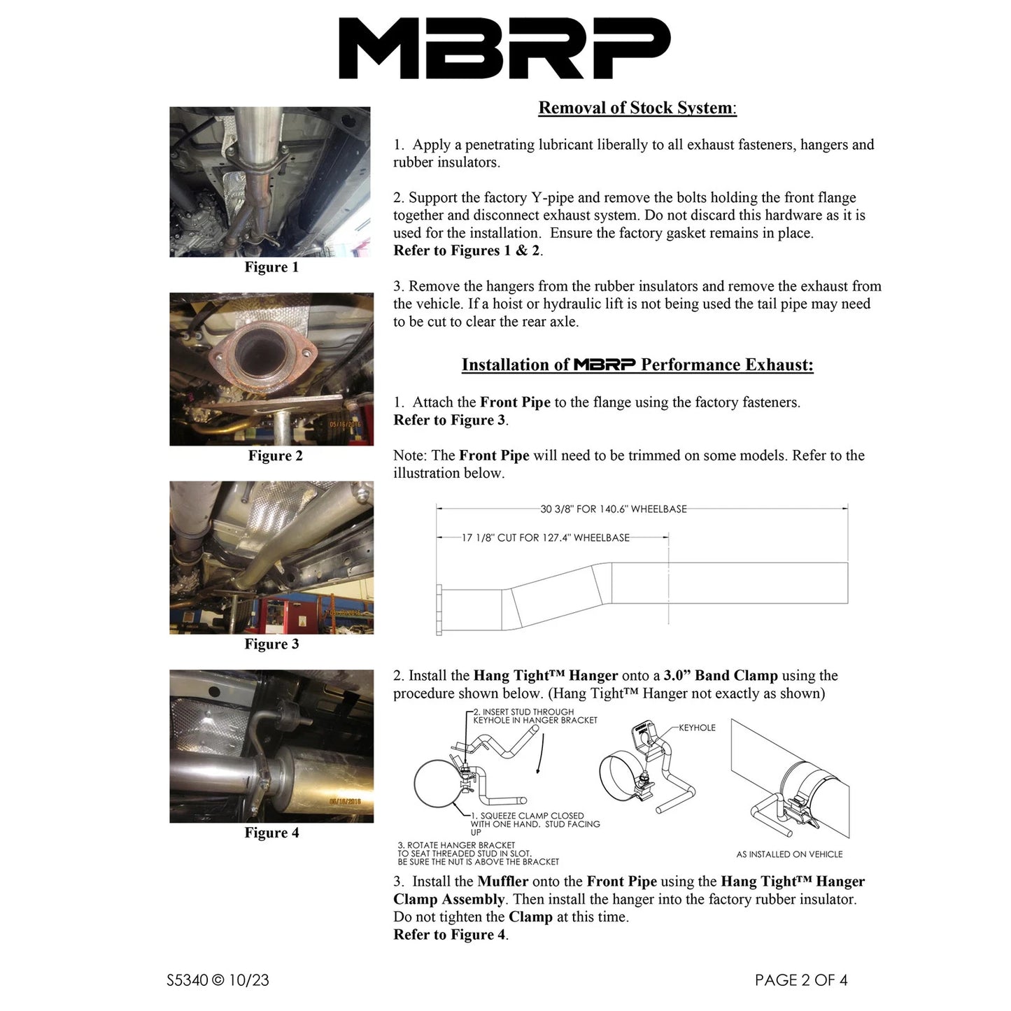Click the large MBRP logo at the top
pyautogui.click(x=504, y=48)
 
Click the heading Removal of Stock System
pyautogui.click(x=636, y=108)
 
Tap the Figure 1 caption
pyautogui.click(x=271, y=267)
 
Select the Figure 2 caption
pyautogui.click(x=275, y=456)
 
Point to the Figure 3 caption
pyautogui.click(x=271, y=644)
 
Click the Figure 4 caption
pyautogui.click(x=271, y=833)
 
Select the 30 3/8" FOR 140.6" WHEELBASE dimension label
pyautogui.click(x=613, y=509)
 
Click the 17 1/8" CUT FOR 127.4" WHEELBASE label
pyautogui.click(x=545, y=538)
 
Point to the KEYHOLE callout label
pyautogui.click(x=697, y=728)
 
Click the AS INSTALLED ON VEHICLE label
pyautogui.click(x=789, y=854)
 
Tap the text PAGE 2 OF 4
pyautogui.click(x=800, y=980)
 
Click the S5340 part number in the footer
pyautogui.click(x=187, y=980)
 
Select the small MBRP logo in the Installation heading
pyautogui.click(x=605, y=365)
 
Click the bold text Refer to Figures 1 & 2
pyautogui.click(x=467, y=250)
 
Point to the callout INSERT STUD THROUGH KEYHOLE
pyautogui.click(x=535, y=716)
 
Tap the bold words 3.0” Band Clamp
pyautogui.click(x=720, y=676)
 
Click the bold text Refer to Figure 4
pyautogui.click(x=449, y=935)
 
